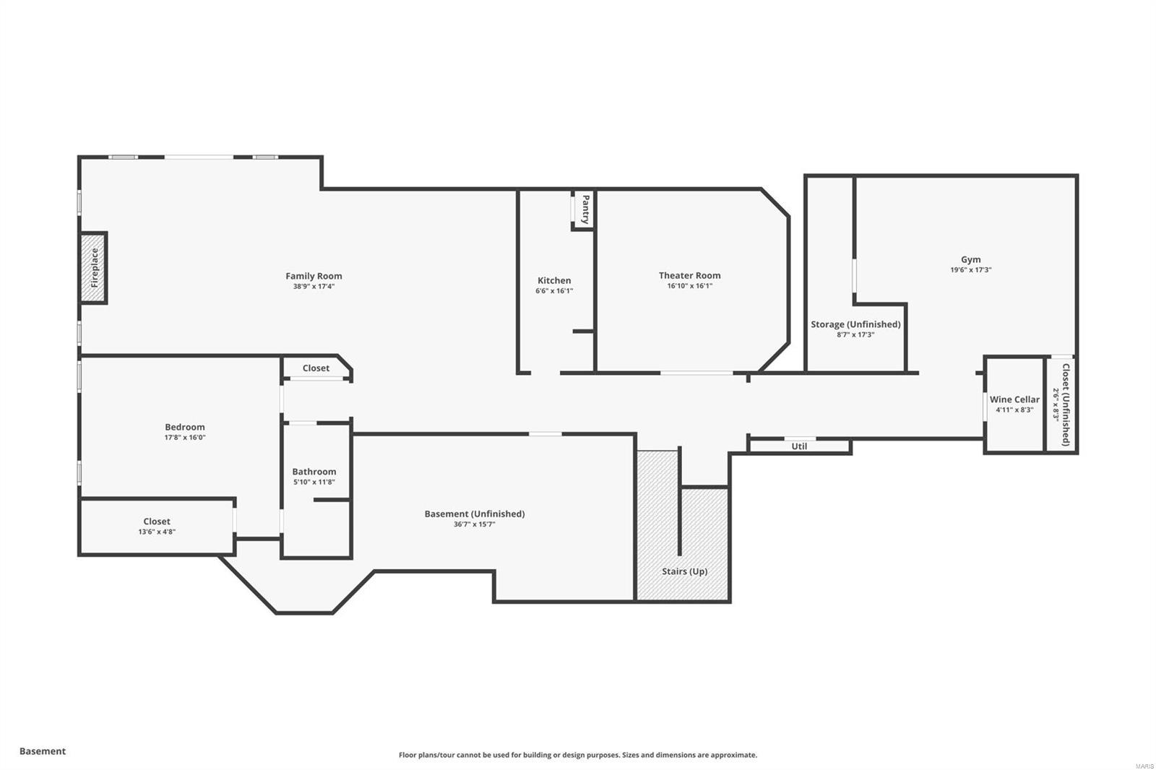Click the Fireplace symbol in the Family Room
click(94, 268)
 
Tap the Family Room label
click(314, 276)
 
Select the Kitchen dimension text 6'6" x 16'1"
click(554, 291)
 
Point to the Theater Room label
click(689, 275)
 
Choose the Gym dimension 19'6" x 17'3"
click(970, 270)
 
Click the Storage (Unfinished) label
click(855, 324)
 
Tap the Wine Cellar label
click(1014, 399)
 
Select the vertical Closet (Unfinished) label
click(1066, 405)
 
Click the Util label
click(799, 446)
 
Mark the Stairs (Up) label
click(684, 571)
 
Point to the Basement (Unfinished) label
click(474, 514)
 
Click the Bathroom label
click(314, 472)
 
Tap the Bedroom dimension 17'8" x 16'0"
click(185, 438)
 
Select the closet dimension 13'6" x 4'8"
click(157, 532)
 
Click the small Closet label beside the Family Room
click(316, 368)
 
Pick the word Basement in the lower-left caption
click(43, 751)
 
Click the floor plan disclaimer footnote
click(578, 755)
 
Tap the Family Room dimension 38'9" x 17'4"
click(314, 287)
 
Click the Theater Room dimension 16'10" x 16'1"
click(689, 286)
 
